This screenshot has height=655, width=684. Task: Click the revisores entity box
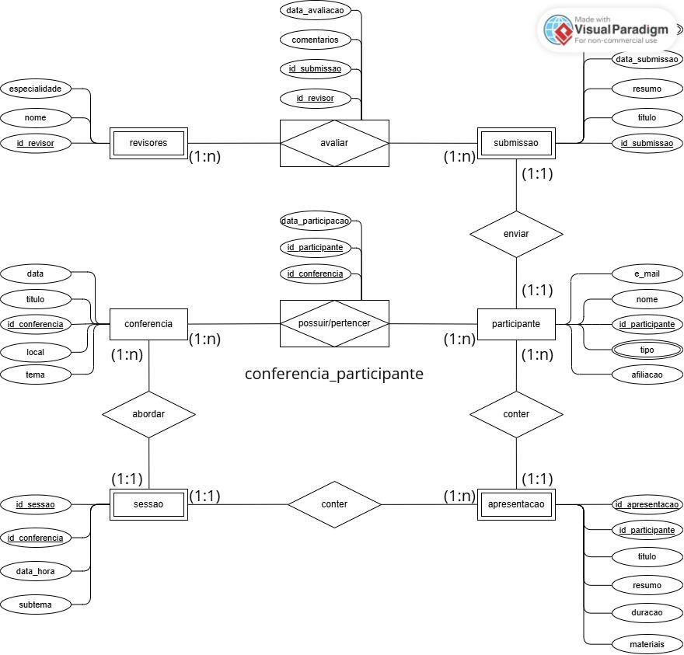pyautogui.click(x=148, y=143)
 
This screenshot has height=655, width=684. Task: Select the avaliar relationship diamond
pyautogui.click(x=334, y=143)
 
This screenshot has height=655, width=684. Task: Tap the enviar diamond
pyautogui.click(x=516, y=234)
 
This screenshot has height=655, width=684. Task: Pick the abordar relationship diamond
pyautogui.click(x=148, y=414)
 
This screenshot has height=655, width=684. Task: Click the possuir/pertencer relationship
pyautogui.click(x=334, y=323)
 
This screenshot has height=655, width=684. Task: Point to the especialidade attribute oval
pyautogui.click(x=35, y=89)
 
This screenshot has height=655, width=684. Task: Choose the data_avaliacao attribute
pyautogui.click(x=315, y=10)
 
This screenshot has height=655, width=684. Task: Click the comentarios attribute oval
pyautogui.click(x=315, y=40)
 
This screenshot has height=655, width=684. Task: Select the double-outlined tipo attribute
pyautogui.click(x=647, y=350)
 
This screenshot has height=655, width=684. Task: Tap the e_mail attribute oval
pyautogui.click(x=647, y=273)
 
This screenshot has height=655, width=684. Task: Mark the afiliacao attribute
pyautogui.click(x=647, y=375)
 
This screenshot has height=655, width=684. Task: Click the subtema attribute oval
pyautogui.click(x=35, y=604)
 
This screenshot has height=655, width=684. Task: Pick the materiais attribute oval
pyautogui.click(x=647, y=644)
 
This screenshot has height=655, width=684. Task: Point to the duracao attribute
pyautogui.click(x=647, y=612)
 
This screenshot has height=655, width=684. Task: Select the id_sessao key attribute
pyautogui.click(x=35, y=504)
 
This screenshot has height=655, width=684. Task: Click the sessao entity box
pyautogui.click(x=148, y=504)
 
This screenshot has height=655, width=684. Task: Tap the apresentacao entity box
pyautogui.click(x=516, y=504)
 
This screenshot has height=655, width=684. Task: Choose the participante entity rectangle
pyautogui.click(x=516, y=324)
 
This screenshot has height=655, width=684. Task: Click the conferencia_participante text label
pyautogui.click(x=334, y=374)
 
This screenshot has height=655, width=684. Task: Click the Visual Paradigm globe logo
pyautogui.click(x=558, y=30)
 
